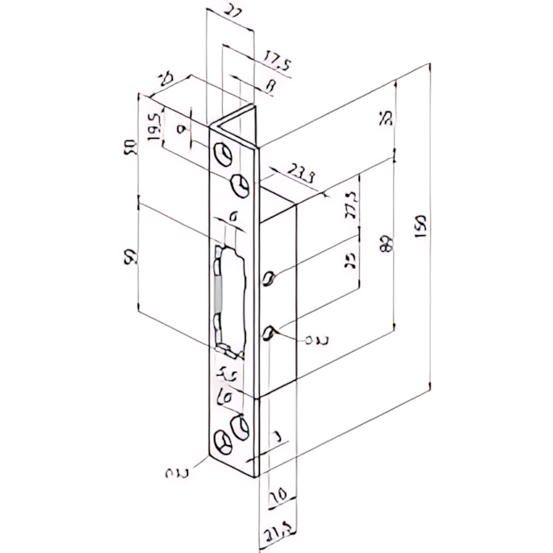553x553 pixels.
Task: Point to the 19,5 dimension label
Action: pos(154,127)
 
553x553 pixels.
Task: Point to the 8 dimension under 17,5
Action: pos(268,86)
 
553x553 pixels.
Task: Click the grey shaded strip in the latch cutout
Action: pos(216,298)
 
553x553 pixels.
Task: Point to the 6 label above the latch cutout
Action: pos(233,216)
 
